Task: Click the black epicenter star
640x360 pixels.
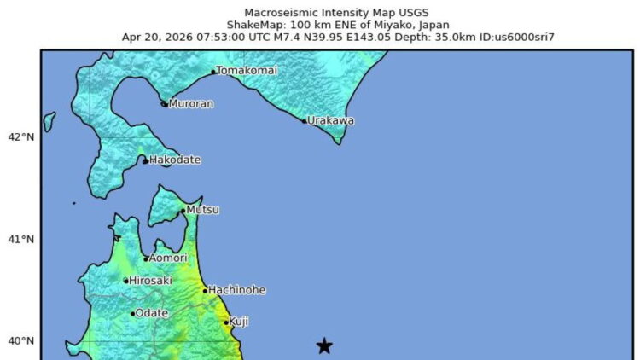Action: [x=324, y=345]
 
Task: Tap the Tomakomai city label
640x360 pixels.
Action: [x=247, y=70]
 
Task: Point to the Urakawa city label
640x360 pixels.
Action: [x=330, y=120]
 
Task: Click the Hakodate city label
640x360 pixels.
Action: [x=175, y=160]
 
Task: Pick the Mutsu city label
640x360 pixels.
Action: [x=203, y=210]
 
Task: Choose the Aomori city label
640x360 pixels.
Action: [x=169, y=258]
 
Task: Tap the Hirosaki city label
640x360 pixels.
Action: [x=150, y=280]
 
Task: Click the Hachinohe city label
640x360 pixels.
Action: [x=236, y=290]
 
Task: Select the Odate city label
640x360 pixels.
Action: [x=152, y=313]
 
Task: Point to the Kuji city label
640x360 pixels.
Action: [x=239, y=322]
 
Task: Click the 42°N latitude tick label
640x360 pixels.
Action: [x=20, y=136]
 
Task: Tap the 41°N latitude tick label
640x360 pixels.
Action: [x=20, y=239]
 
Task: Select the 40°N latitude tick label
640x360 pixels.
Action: [x=20, y=341]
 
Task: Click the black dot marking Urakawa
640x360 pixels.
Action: [x=304, y=121]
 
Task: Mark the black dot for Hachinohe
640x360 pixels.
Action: [x=205, y=291]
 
